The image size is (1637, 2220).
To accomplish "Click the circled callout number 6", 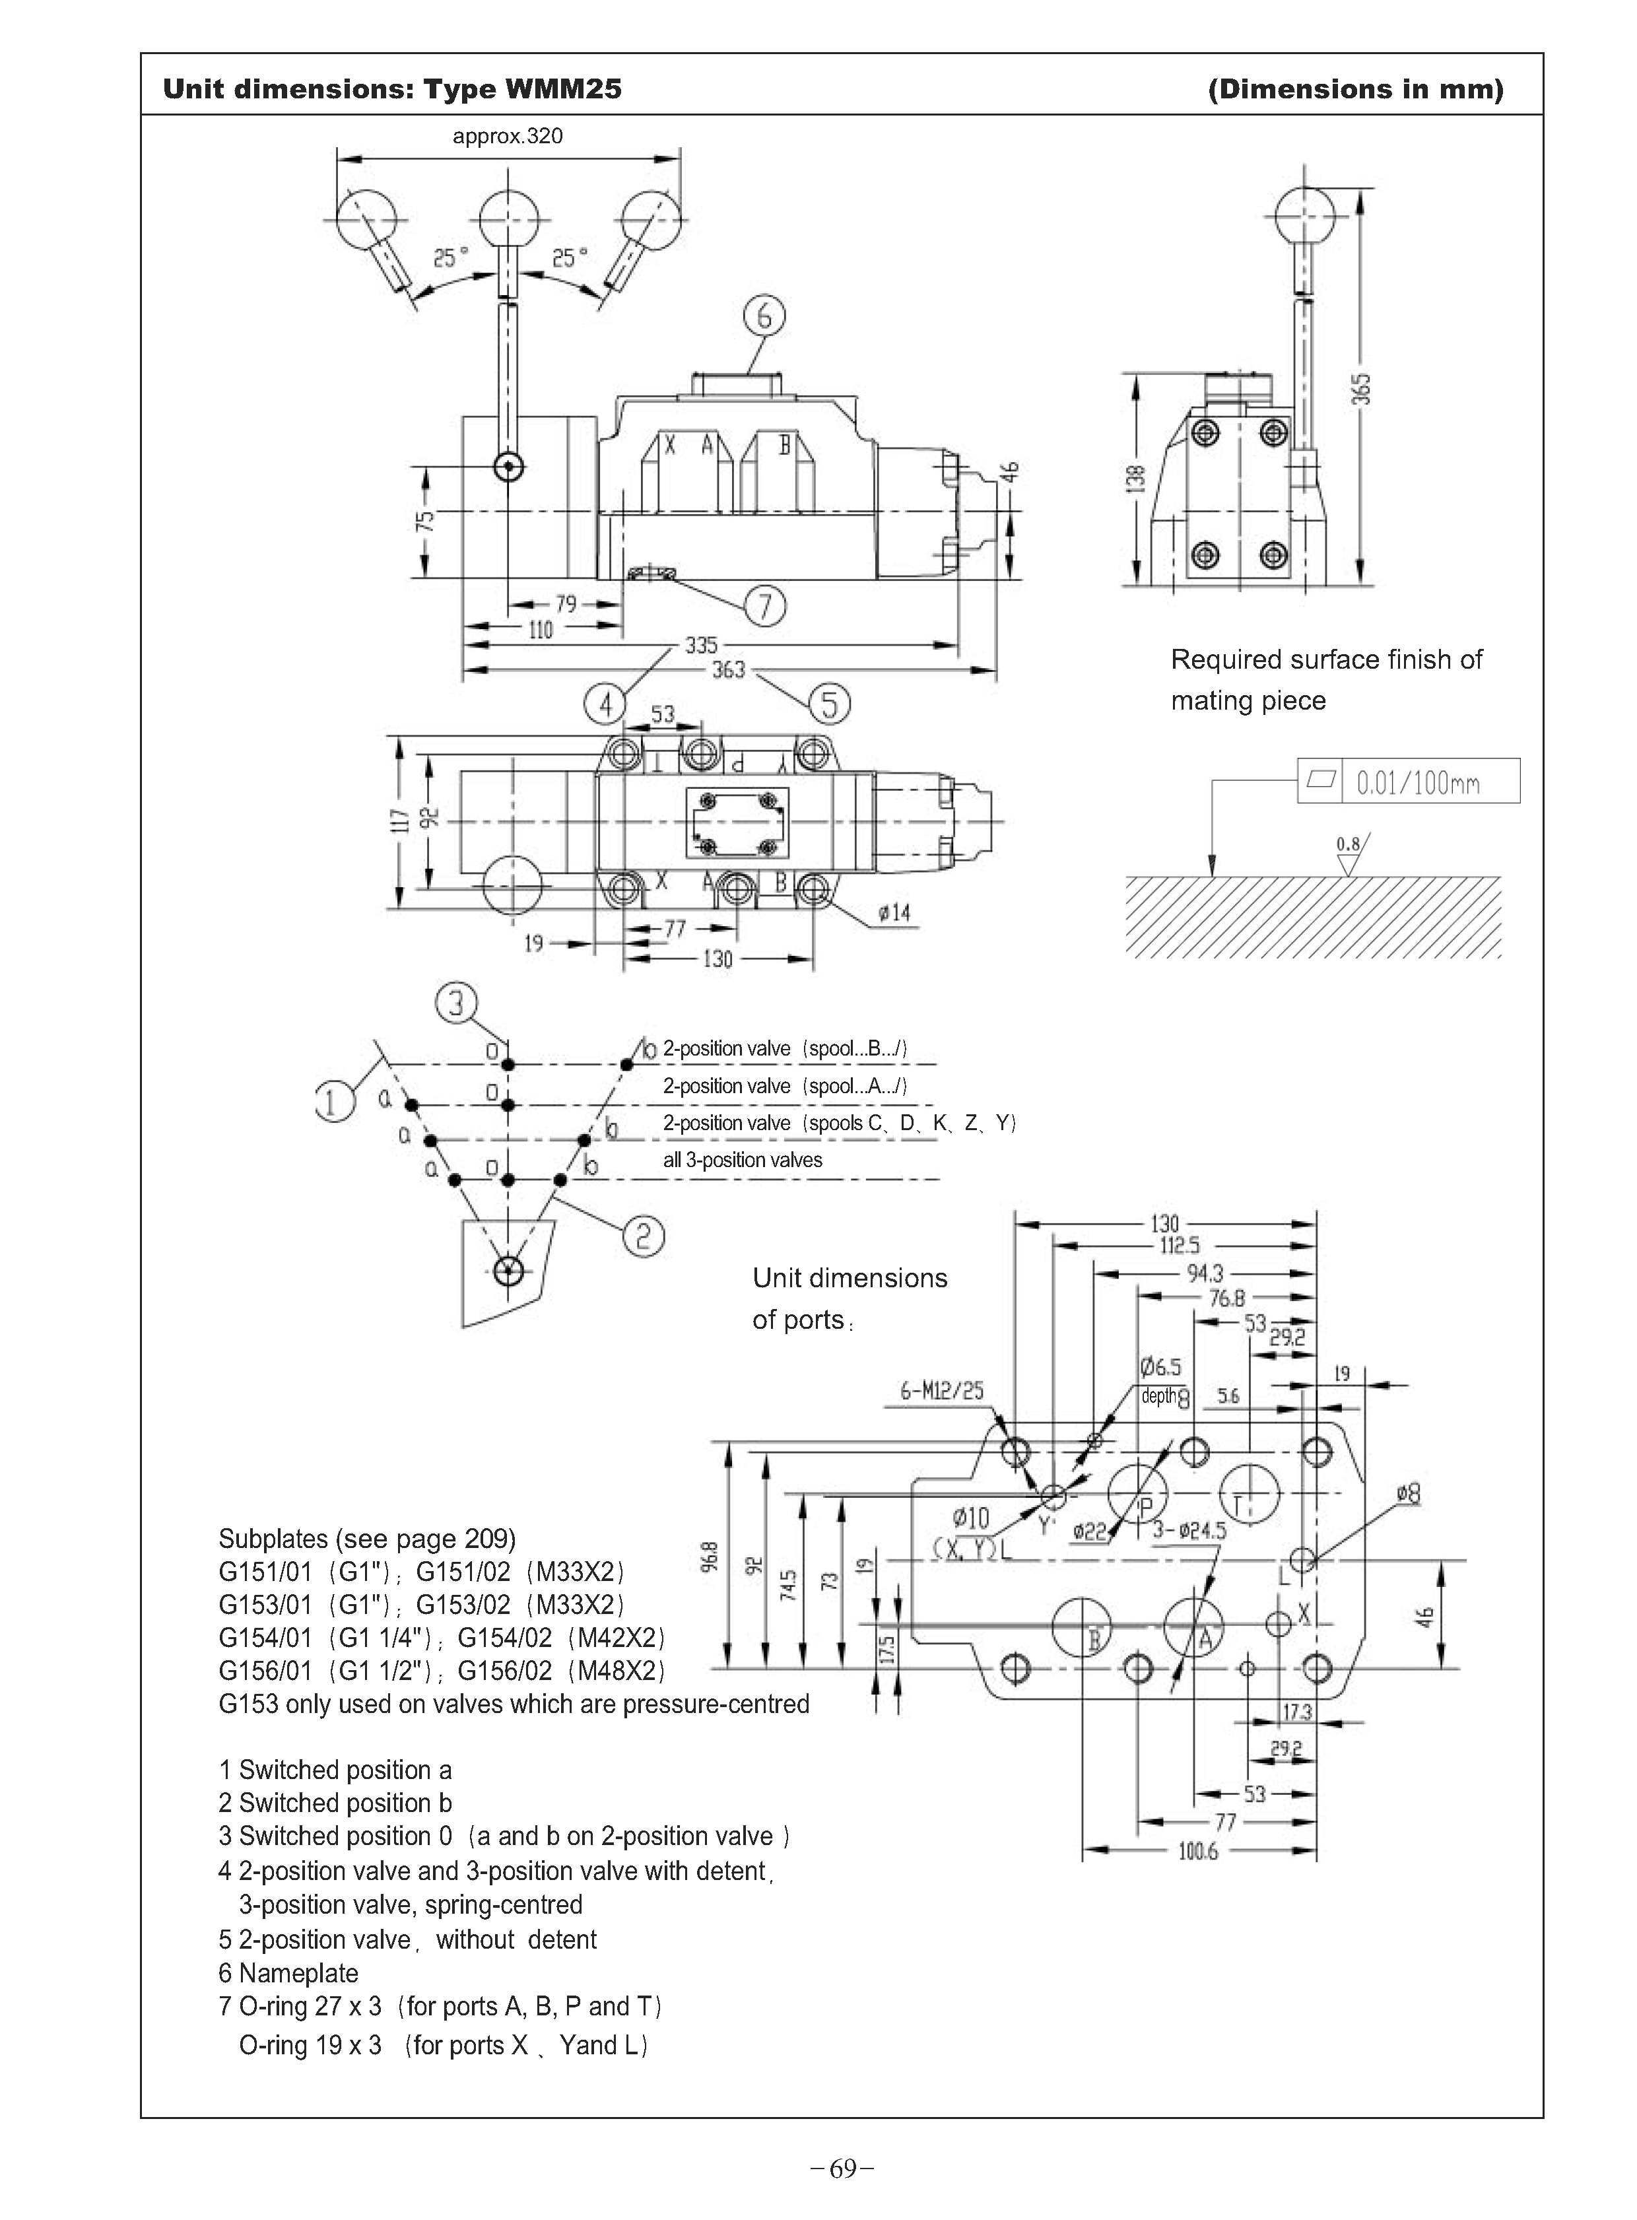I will click(x=764, y=316).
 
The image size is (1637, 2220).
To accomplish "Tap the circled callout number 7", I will click(x=764, y=605).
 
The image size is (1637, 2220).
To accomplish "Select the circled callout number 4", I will click(x=605, y=704).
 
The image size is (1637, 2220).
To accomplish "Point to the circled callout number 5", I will click(x=830, y=704).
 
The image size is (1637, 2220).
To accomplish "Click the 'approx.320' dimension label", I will click(x=508, y=136).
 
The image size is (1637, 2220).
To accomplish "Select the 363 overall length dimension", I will click(x=728, y=670).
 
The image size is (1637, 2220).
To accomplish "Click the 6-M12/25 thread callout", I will click(x=941, y=1390).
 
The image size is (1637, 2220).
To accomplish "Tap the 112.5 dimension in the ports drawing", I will click(x=1179, y=1245).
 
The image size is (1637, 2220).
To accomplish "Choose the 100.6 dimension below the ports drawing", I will click(x=1198, y=1852).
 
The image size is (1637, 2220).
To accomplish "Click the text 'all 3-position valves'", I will click(x=742, y=1160).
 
